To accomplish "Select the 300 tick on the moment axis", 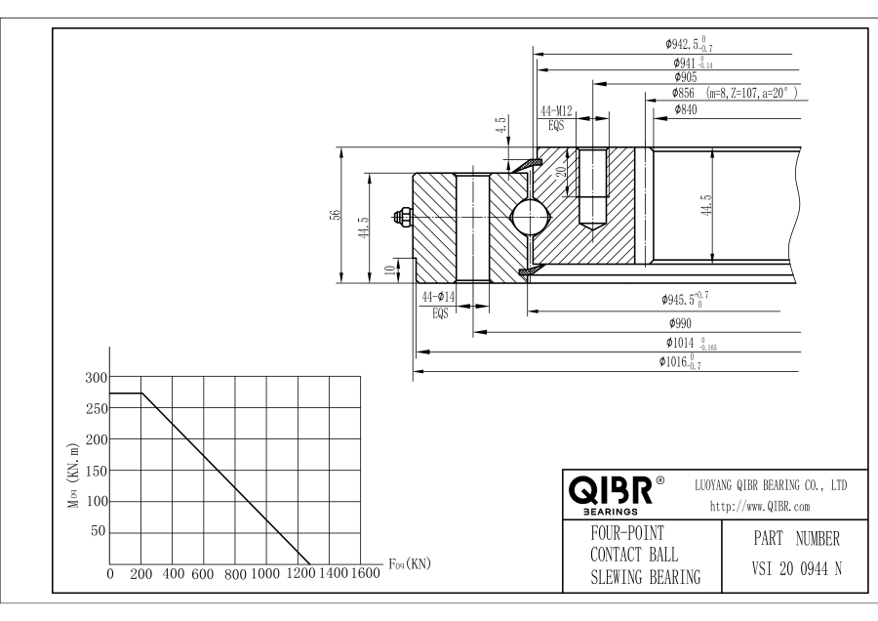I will click(95, 378).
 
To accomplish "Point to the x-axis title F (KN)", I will click(409, 562).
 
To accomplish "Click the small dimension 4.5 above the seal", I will click(500, 126).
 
